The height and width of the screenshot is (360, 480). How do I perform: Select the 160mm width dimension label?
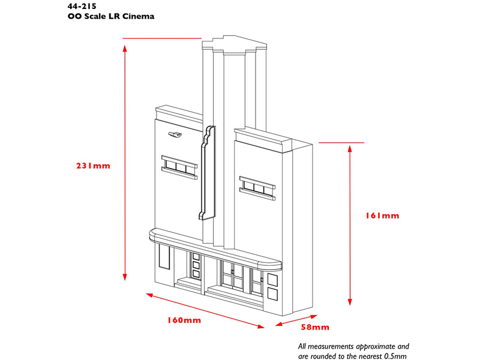[184, 320]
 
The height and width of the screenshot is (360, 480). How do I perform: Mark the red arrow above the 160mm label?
[205, 310]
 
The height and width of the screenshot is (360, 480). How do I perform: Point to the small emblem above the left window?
[175, 135]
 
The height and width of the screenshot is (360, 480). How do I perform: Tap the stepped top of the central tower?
[234, 46]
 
